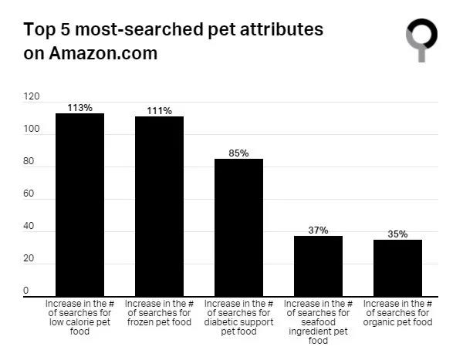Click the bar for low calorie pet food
coord(79,204)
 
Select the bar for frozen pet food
coord(159,206)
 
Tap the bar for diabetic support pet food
coord(238,227)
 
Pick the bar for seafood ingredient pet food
coord(318,266)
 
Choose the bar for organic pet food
coord(397,267)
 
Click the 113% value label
coord(79,108)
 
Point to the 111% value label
coord(159,111)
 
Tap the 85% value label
coord(238,153)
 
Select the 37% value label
coord(318,230)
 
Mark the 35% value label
coord(397,234)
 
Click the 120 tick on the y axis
coord(31,97)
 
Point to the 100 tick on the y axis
coord(31,130)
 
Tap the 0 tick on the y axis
coord(25,291)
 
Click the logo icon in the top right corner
coord(421,39)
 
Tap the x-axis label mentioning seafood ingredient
coord(318,322)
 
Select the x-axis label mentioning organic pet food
coord(397,313)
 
